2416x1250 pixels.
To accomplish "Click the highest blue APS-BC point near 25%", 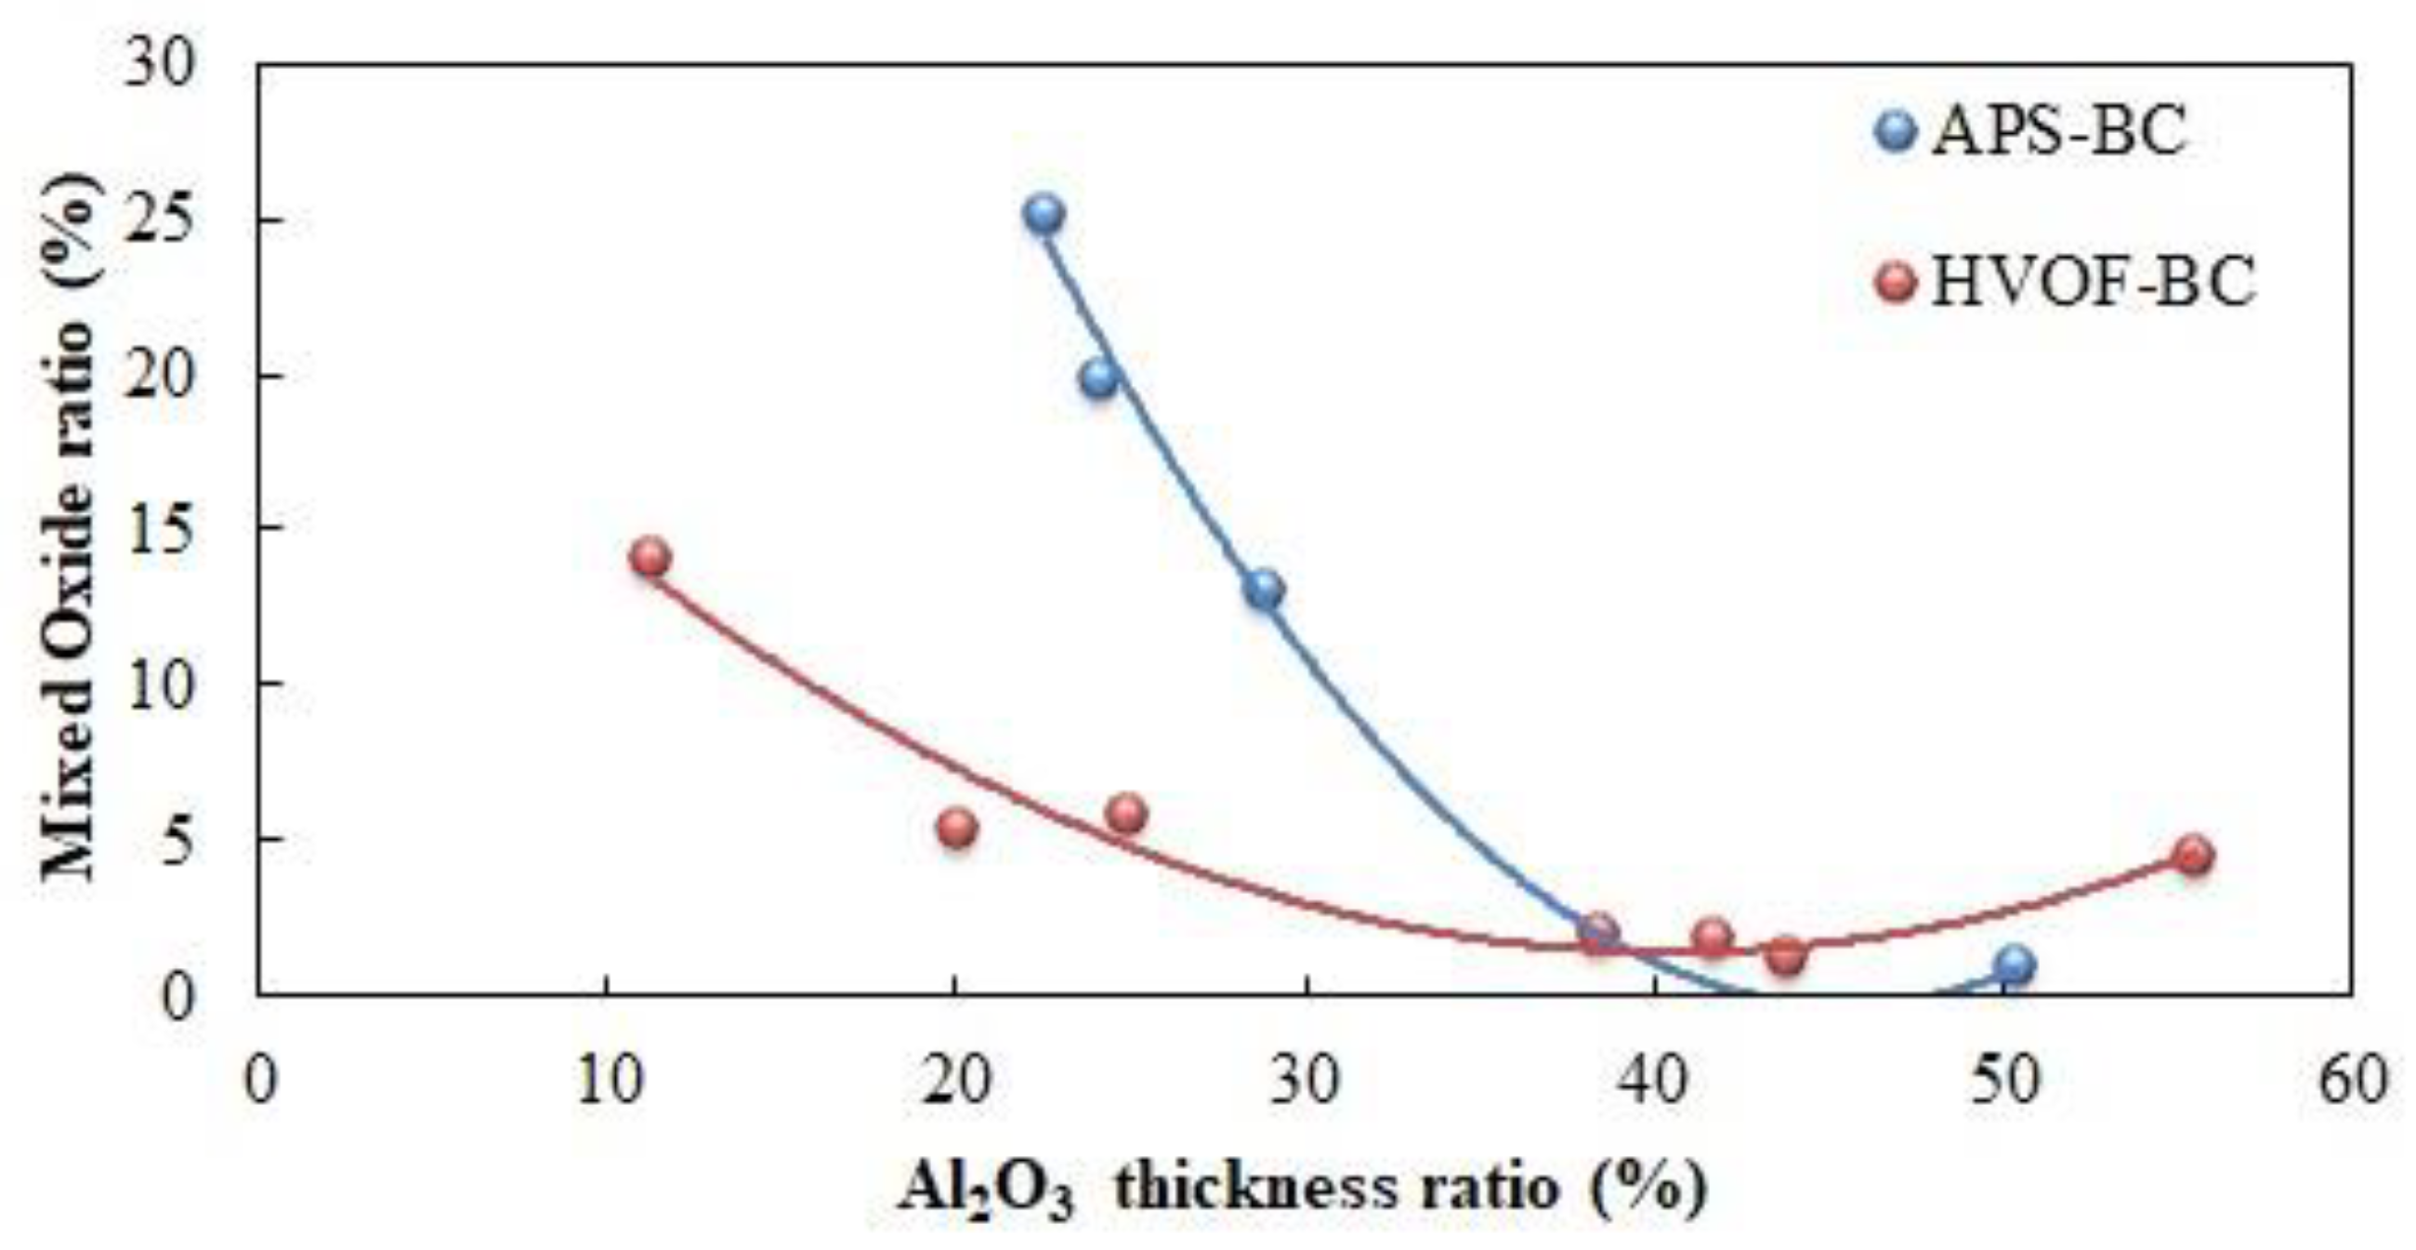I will (x=1044, y=214).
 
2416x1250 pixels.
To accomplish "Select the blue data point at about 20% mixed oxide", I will (x=1098, y=379).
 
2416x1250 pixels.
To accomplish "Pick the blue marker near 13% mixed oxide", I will (x=1265, y=591).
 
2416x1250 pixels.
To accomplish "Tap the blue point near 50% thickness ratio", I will (x=2015, y=964).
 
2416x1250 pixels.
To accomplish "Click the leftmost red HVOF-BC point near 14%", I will (x=650, y=558).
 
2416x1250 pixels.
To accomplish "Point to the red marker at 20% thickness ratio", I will (x=957, y=828).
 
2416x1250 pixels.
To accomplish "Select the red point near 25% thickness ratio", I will (x=1126, y=814).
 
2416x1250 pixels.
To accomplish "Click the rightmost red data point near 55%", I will (x=2194, y=855).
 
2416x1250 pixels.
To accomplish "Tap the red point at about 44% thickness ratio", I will (x=1786, y=955).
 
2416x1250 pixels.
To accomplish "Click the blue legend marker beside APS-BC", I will (x=1897, y=131).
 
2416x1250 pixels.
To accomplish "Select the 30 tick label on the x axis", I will (x=1307, y=1081).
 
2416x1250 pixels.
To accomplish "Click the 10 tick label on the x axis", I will (x=608, y=1081).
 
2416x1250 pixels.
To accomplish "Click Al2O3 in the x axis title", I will (x=985, y=1190).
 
